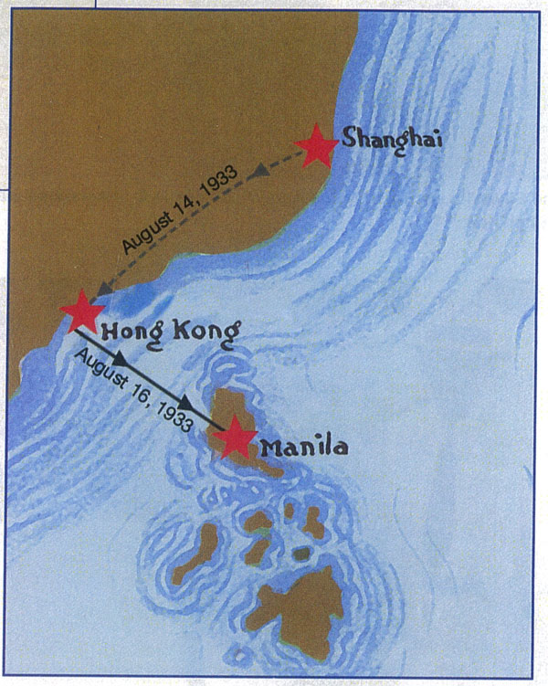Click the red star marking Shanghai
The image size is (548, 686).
click(317, 146)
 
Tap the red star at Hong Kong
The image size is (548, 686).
click(82, 311)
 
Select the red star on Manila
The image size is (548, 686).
click(235, 437)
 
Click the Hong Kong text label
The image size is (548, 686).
click(171, 330)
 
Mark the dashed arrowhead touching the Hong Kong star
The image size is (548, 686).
click(104, 290)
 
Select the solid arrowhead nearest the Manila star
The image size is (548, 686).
click(187, 402)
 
